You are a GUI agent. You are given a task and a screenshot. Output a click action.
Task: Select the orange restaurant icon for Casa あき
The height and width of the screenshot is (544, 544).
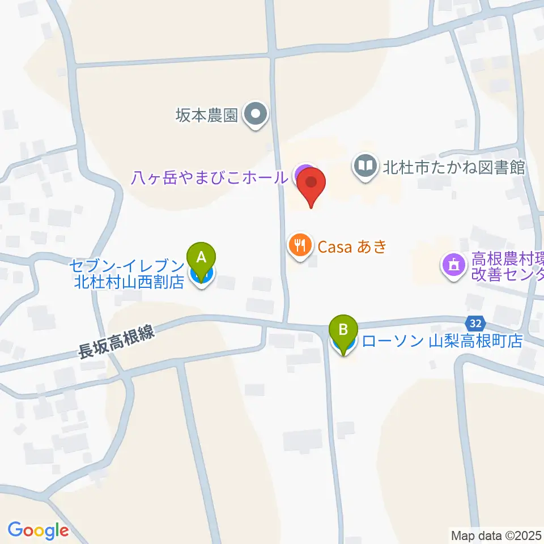click(299, 246)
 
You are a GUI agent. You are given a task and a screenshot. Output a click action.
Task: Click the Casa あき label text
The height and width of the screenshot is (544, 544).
click(351, 246)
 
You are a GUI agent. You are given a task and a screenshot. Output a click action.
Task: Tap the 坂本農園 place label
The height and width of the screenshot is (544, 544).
click(206, 116)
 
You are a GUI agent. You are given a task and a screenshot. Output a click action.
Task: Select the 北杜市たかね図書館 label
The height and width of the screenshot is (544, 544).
click(454, 167)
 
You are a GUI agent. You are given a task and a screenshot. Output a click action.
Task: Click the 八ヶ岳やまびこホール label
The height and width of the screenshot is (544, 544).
click(209, 178)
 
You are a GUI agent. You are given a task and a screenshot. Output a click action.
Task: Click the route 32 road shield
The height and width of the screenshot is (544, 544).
click(477, 324)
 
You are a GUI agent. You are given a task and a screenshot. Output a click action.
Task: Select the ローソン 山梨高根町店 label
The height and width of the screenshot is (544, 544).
click(441, 341)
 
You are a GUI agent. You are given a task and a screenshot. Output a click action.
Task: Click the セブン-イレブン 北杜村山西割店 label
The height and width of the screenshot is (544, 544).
click(129, 274)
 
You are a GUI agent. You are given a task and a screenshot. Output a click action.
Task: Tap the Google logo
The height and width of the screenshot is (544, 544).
click(38, 530)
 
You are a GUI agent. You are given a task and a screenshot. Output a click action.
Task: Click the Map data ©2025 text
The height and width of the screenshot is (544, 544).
click(496, 534)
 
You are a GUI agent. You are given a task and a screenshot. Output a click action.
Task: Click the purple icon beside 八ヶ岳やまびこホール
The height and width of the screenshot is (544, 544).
click(304, 172)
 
